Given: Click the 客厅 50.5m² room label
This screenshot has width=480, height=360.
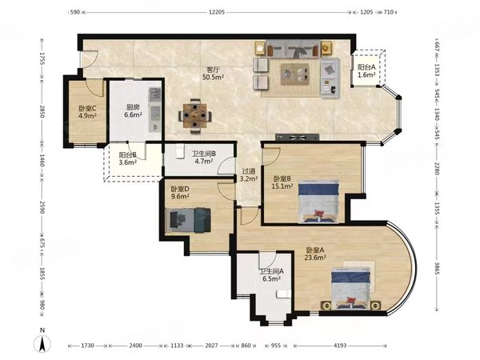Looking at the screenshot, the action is [213, 74].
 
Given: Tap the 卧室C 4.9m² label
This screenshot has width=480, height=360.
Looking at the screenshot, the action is [87, 112].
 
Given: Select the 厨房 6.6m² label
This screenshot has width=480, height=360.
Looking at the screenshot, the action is [133, 111].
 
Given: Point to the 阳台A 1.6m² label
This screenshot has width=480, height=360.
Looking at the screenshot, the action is [366, 70].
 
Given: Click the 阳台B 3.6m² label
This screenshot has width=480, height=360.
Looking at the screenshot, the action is [128, 158].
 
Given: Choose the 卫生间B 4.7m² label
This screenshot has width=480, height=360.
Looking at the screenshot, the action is [204, 157].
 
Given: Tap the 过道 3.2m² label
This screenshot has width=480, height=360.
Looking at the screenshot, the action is [248, 175].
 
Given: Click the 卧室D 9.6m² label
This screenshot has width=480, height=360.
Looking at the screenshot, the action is [180, 193].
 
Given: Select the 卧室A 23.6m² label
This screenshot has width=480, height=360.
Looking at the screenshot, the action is [315, 254].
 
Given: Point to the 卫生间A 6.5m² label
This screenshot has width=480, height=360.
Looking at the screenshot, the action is [271, 275].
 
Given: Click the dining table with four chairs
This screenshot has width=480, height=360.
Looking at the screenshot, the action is [195, 116].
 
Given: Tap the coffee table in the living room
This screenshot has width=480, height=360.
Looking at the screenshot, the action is [294, 74].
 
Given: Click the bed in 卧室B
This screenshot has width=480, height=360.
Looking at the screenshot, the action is [318, 202].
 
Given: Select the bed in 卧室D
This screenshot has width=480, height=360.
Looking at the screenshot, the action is [188, 220].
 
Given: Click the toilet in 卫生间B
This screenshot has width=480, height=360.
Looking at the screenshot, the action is [180, 151].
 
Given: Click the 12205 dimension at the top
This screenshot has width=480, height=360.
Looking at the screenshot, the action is [217, 12].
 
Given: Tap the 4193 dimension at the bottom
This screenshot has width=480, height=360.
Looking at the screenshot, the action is [340, 346].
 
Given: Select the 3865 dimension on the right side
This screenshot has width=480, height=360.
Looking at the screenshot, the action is [437, 268].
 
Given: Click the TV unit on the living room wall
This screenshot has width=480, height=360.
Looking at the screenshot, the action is [297, 137].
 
